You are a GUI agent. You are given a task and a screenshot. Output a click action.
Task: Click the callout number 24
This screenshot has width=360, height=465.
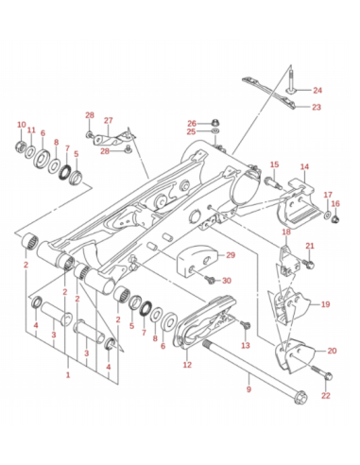[317, 91]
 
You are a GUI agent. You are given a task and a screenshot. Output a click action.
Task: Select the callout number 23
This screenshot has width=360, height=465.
[317, 107]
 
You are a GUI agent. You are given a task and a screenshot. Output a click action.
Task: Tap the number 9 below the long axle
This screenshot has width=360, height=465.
[249, 389]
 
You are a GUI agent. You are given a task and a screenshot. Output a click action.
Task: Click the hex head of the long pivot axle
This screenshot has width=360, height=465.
[300, 397]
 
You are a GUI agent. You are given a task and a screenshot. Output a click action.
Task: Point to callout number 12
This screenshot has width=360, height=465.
[187, 365]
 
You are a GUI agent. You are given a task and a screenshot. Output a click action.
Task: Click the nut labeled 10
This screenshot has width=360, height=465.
[21, 146]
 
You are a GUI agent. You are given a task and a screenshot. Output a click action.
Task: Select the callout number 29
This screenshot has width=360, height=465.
[231, 255]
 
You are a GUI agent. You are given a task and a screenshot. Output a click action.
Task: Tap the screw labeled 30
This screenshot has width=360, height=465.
[209, 279]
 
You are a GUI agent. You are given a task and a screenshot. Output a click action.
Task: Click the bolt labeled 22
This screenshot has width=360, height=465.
[320, 371]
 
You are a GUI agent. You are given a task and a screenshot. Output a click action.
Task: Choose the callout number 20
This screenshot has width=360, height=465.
[332, 351]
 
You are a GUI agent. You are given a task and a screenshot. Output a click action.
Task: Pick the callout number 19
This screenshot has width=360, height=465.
[325, 304]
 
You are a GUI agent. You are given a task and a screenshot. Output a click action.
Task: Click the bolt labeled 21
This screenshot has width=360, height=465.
[308, 264]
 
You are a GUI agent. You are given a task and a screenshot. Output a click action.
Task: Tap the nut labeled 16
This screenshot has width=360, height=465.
[335, 217]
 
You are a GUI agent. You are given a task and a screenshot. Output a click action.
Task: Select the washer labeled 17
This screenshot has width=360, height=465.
[328, 215]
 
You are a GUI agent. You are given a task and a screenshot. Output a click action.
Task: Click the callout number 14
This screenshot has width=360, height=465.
[304, 166]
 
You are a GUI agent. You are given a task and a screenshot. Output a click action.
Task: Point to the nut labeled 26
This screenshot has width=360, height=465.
[215, 122]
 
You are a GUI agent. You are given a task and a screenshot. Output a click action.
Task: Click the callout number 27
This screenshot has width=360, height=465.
[108, 120]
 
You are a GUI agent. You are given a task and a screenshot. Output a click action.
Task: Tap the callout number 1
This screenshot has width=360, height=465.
[68, 375]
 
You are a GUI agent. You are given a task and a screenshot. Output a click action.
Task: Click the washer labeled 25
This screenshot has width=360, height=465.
[215, 130]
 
